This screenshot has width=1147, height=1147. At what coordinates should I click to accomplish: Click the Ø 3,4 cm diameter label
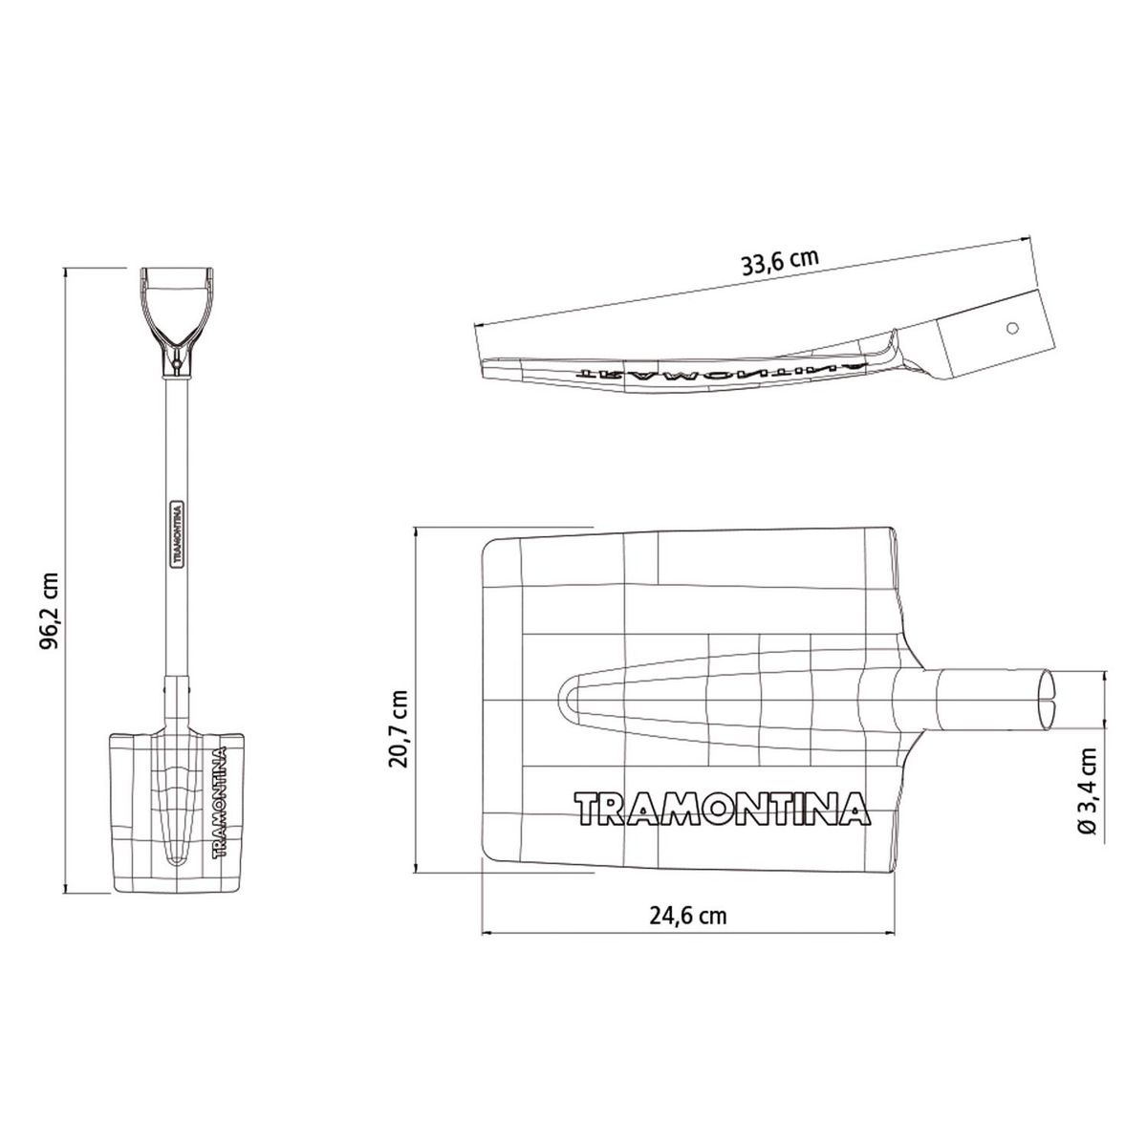point(1088,793)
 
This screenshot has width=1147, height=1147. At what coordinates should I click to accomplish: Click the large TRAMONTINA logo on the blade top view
point(724,808)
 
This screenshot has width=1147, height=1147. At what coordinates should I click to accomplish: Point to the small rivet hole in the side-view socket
point(1012,327)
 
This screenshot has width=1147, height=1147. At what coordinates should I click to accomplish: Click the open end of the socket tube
point(1048,695)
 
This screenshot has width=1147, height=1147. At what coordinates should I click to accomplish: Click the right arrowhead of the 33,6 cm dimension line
point(1032,236)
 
